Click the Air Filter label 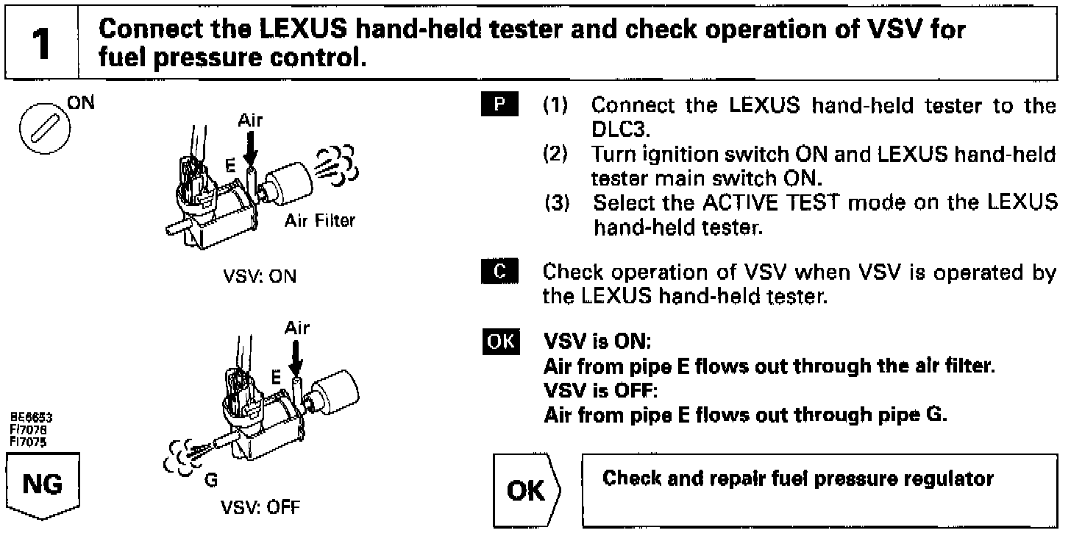[x=320, y=221]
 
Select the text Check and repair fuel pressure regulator [x=798, y=479]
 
